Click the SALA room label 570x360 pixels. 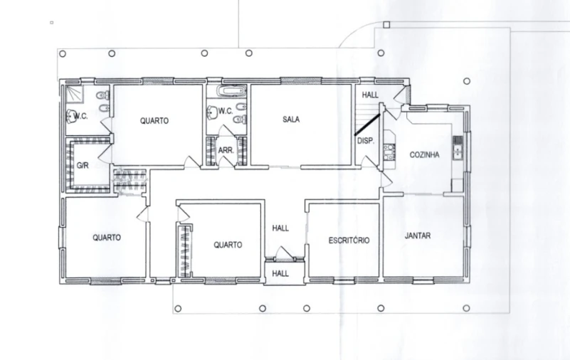tap(291, 119)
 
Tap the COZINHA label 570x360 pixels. tap(424, 155)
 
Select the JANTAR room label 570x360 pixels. tap(418, 235)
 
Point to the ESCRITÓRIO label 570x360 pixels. tap(349, 240)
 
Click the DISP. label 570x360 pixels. tap(365, 141)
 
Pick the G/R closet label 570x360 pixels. tap(83, 165)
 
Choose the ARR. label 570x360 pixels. tap(226, 150)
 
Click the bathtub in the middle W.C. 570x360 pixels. tap(231, 91)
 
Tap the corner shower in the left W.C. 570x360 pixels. tap(75, 94)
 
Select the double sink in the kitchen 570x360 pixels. tap(458, 148)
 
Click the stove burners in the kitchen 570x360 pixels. tap(389, 152)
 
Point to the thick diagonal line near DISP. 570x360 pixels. tap(367, 125)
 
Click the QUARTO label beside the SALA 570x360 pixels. tap(154, 121)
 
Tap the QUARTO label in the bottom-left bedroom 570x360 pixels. tap(107, 238)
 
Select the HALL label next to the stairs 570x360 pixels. tap(370, 95)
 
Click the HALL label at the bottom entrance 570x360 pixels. tap(280, 273)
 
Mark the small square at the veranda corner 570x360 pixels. tap(386, 24)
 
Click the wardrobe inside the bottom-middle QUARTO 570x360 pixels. tap(184, 251)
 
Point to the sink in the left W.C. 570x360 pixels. tap(70, 116)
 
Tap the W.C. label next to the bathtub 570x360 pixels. tap(226, 111)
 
